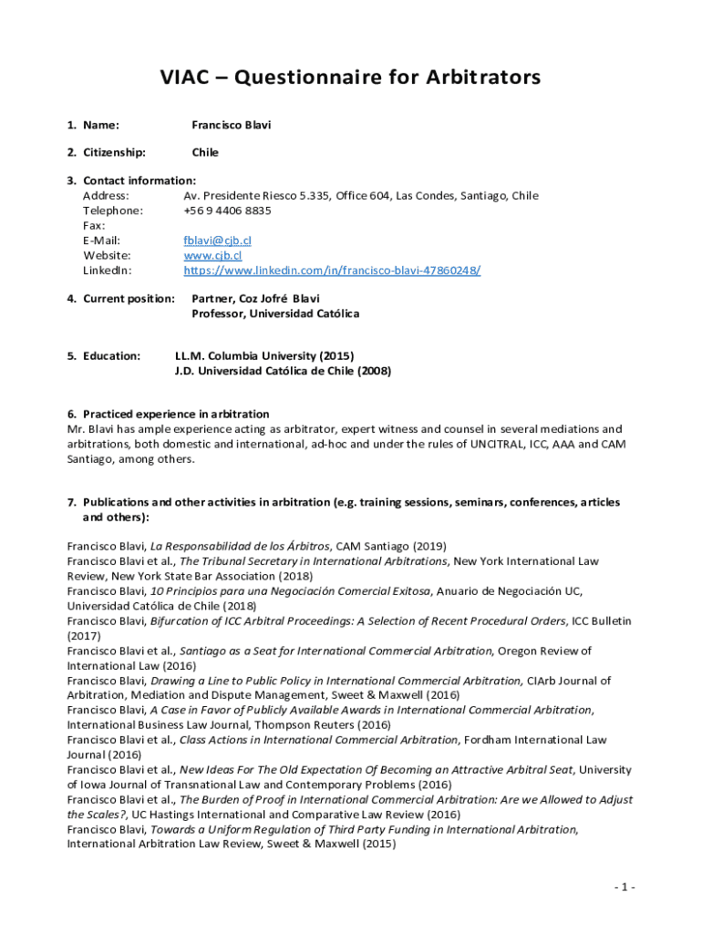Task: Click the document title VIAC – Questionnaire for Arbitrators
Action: pos(350,77)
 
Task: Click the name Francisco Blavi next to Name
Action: pos(231,125)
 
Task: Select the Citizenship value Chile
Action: pos(205,152)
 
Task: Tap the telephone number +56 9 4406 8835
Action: pos(227,210)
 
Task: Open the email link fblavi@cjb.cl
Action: pos(217,241)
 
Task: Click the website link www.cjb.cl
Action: pos(212,255)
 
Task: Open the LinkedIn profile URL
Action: pos(332,271)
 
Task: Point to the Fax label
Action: pos(94,225)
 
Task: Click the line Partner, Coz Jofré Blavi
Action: pos(255,298)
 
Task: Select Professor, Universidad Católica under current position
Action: pos(275,313)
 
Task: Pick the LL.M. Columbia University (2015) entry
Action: pos(263,355)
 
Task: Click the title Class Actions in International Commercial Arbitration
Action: pos(318,740)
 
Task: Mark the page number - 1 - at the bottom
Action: pos(625,887)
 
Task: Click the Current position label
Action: pos(129,298)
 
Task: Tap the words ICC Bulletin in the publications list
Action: pos(601,620)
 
